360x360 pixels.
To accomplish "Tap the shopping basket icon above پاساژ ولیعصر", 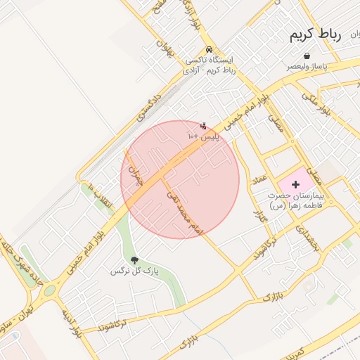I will pyautogui.click(x=307, y=56).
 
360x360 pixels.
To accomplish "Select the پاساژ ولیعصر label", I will pyautogui.click(x=305, y=65).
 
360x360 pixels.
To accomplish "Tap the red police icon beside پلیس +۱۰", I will pyautogui.click(x=203, y=127).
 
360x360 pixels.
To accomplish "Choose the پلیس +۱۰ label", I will pyautogui.click(x=203, y=137).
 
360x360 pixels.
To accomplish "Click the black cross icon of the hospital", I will pyautogui.click(x=295, y=184).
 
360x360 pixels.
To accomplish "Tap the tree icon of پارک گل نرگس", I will pyautogui.click(x=134, y=260).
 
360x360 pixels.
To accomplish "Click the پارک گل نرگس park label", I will pyautogui.click(x=135, y=270).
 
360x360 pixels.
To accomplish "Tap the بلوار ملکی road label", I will pyautogui.click(x=316, y=103).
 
